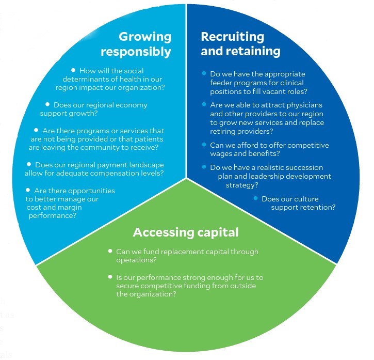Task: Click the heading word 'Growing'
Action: click(x=145, y=37)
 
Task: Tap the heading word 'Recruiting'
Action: click(x=232, y=37)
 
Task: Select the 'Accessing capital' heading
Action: click(x=186, y=232)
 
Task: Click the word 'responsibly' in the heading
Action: click(x=136, y=52)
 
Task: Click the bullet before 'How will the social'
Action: click(x=73, y=70)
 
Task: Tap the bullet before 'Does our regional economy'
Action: click(x=47, y=104)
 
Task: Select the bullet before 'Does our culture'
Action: click(x=255, y=197)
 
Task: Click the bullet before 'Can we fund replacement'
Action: click(x=110, y=251)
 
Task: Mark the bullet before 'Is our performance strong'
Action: click(x=110, y=277)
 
